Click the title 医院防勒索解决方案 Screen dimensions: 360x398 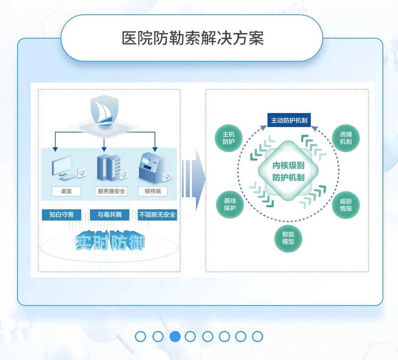tap(193, 39)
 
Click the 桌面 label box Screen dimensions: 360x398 tap(66, 191)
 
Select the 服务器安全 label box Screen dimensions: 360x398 tap(111, 191)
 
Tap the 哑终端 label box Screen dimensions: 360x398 tap(153, 191)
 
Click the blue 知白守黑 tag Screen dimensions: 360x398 tap(61, 215)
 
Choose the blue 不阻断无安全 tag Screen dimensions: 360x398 tap(157, 215)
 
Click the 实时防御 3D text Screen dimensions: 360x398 tap(110, 240)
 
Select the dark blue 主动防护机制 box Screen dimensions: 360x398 tap(289, 120)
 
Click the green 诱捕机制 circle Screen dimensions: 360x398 tap(345, 138)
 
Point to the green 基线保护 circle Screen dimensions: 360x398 tap(230, 204)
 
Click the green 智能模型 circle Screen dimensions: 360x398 tap(288, 238)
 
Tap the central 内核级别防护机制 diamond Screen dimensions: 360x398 tap(288, 171)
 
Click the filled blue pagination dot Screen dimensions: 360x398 tap(175, 337)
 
